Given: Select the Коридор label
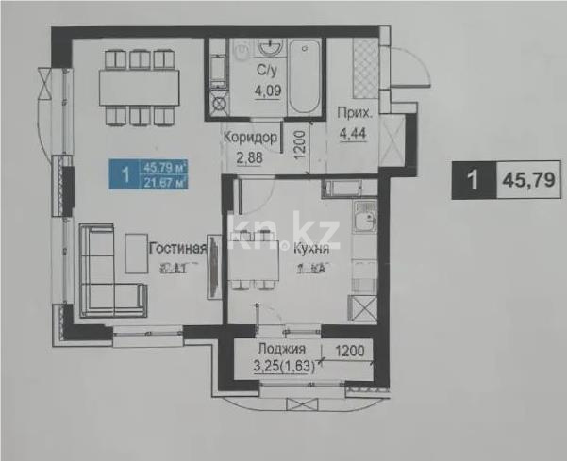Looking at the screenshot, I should (250, 137).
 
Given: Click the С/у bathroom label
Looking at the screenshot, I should (265, 71).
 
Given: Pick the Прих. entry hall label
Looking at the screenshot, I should (355, 114).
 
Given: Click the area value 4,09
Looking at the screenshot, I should (266, 91).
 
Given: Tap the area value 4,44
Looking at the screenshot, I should (356, 133).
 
